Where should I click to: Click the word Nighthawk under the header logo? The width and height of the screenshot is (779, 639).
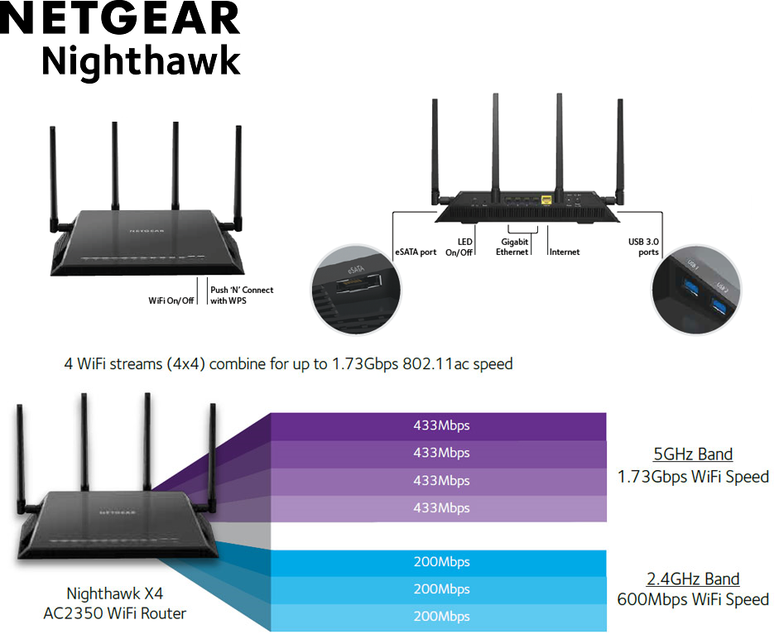coord(141,61)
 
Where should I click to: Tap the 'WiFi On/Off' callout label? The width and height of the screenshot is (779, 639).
coord(171,300)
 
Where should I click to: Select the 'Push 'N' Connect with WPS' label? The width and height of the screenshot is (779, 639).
coord(242,295)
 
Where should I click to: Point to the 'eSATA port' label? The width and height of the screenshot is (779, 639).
coord(416,252)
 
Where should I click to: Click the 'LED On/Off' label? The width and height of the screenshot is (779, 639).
coord(459,247)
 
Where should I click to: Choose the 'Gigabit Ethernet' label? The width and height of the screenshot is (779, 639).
coord(512,247)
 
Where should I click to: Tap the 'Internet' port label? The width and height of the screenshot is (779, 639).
coord(565,252)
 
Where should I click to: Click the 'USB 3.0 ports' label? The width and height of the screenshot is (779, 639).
coord(643,247)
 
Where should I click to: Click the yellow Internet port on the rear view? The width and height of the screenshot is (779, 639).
coord(546,200)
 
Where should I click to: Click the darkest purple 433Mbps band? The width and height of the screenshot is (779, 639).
coord(441,425)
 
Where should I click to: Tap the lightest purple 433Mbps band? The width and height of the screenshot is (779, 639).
coord(441,507)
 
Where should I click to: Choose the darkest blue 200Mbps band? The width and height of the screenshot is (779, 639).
coord(441,562)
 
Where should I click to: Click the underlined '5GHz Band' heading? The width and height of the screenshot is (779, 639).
coord(693,454)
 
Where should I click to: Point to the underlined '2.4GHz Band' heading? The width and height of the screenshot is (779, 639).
coord(693,579)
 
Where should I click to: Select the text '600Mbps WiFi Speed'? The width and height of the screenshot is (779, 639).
coord(693,599)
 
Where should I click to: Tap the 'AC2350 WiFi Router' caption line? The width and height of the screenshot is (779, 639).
coord(115,613)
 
